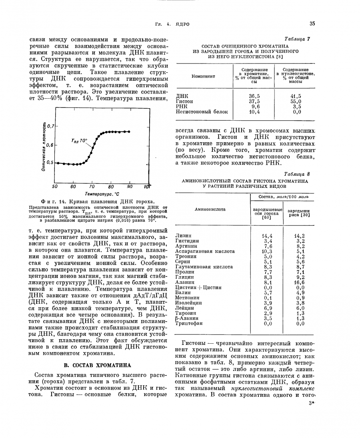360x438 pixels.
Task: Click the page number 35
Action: pos(312,24)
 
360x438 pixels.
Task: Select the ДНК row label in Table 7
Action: pos(182,96)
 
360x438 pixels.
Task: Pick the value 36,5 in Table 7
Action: pos(254,96)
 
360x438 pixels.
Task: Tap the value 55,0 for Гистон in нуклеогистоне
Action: pos(296,102)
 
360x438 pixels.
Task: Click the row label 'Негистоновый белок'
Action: pos(202,112)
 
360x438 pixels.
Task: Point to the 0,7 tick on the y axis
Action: pos(50,126)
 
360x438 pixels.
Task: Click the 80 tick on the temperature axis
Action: pos(111,187)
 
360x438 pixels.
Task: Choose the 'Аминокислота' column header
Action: pos(210,209)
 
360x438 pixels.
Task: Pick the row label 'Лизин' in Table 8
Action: pos(183,236)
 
